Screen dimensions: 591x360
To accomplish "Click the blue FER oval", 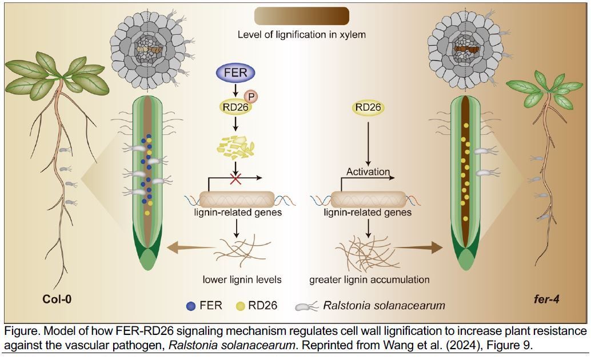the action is [235, 73].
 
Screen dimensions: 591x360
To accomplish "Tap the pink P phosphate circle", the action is [251, 97].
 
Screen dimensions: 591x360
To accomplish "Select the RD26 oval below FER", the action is [235, 107].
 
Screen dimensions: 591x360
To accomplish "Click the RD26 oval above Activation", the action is [368, 107].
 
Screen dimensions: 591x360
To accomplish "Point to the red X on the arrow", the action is [235, 179].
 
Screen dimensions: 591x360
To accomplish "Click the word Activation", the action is [368, 172].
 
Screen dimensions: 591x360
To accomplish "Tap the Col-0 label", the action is [57, 299].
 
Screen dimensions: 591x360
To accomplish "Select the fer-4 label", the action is [546, 299].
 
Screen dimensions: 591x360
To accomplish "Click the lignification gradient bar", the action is [302, 16].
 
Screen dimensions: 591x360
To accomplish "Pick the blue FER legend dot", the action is [191, 306].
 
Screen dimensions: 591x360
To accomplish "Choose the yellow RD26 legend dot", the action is [241, 306].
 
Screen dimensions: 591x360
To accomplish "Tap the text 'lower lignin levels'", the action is [242, 279].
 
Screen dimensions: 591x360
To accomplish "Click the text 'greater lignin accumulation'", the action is [369, 279].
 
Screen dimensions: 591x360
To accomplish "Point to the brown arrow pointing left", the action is [190, 247].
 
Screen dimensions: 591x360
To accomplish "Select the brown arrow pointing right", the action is [418, 247].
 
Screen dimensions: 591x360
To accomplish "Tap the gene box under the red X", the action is [237, 199].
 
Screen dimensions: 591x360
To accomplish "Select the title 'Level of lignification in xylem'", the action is [302, 35].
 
